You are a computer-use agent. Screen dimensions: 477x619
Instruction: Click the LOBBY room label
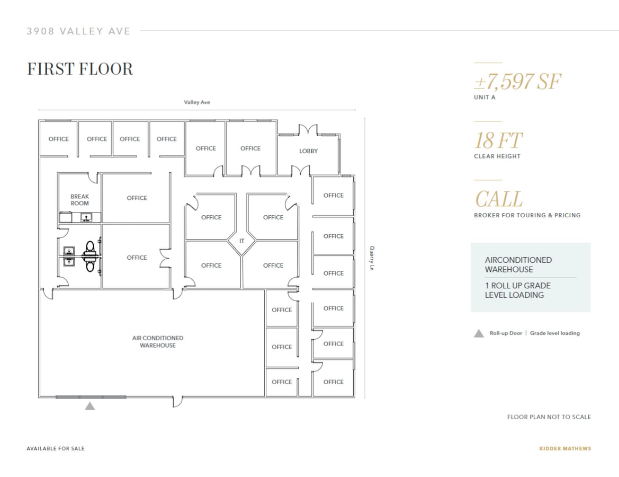308,151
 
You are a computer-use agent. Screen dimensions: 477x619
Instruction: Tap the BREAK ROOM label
80,200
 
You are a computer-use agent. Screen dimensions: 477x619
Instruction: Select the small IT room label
242,241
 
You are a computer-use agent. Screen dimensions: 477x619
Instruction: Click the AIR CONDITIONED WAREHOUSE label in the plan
158,342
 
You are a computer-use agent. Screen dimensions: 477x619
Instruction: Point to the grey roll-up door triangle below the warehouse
90,406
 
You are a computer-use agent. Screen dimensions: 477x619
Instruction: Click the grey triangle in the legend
479,333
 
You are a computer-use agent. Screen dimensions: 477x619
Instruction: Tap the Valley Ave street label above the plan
197,102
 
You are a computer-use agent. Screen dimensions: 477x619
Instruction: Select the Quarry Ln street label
372,258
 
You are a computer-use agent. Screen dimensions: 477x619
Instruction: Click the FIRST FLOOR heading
80,69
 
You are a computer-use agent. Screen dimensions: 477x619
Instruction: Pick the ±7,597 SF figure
517,82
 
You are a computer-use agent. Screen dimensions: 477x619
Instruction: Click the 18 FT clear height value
498,141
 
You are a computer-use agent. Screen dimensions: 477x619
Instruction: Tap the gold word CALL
498,200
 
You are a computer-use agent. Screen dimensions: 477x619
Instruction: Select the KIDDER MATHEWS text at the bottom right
565,448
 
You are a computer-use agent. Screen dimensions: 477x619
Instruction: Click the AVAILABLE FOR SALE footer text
56,448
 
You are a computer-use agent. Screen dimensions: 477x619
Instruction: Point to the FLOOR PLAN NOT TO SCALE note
549,417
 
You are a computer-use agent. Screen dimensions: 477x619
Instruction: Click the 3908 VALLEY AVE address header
79,31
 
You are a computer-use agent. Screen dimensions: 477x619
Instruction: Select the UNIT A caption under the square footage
485,98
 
